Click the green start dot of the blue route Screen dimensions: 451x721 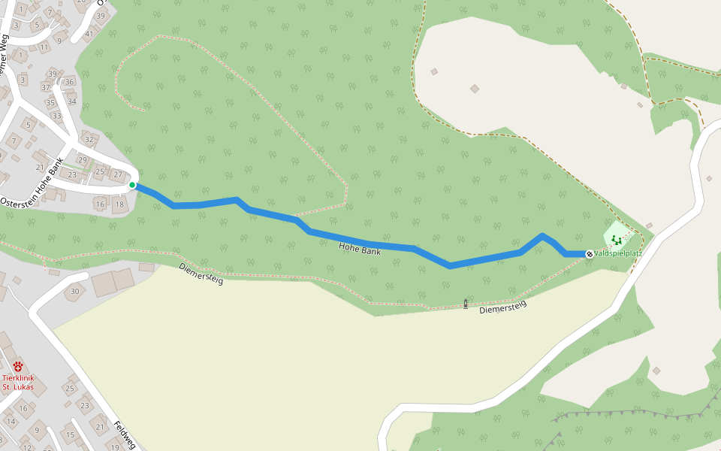(132, 185)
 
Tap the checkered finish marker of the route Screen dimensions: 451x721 (590, 254)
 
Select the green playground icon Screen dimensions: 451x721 (616, 240)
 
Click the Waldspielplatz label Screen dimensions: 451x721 (618, 254)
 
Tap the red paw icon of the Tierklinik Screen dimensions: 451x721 (18, 367)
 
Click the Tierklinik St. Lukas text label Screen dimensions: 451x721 (18, 382)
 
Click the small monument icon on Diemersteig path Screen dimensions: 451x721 (466, 304)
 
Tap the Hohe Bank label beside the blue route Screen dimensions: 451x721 (360, 249)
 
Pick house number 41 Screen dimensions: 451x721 (89, 33)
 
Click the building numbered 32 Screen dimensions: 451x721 (89, 139)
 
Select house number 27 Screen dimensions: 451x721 (117, 174)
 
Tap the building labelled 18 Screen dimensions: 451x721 (119, 204)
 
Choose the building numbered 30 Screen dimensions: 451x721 (74, 291)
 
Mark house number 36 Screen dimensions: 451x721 (70, 82)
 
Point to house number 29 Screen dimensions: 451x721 (83, 160)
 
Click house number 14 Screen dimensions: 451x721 (11, 421)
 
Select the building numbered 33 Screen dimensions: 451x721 (57, 115)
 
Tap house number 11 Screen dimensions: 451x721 (44, 47)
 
